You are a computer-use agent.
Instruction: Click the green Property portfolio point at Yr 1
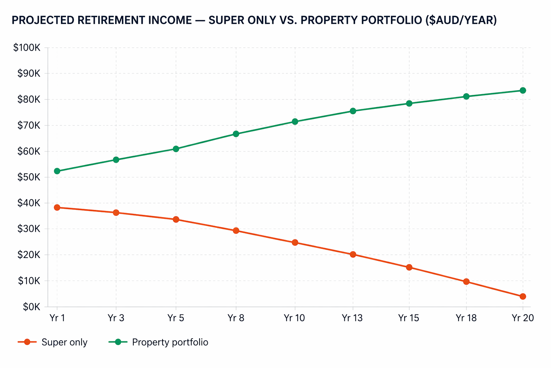point(57,171)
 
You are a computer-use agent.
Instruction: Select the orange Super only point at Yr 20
point(523,296)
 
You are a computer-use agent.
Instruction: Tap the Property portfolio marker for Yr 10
point(295,121)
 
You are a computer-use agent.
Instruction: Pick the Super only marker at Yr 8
point(236,231)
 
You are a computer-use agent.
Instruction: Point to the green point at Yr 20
point(523,91)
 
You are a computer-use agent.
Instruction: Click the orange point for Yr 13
point(353,254)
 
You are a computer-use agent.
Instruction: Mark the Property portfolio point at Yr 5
point(176,149)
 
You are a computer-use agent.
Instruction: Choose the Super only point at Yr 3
point(116,213)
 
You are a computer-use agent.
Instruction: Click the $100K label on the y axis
point(27,47)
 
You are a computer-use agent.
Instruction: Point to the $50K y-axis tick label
point(29,177)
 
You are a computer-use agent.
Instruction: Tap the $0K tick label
point(31,307)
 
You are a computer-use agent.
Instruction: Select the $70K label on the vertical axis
point(29,125)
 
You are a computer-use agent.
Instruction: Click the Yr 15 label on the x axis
point(409,318)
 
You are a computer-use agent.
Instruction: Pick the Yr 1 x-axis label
point(57,318)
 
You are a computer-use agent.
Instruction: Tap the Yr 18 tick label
point(466,318)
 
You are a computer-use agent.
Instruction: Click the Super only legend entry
point(53,342)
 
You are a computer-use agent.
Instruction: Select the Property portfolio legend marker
point(118,342)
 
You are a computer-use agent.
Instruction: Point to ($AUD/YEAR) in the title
point(461,20)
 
